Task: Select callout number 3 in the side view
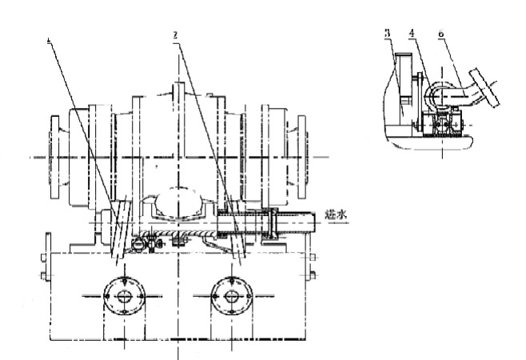(386, 33)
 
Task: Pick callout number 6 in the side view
(442, 33)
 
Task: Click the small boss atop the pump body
(180, 89)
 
